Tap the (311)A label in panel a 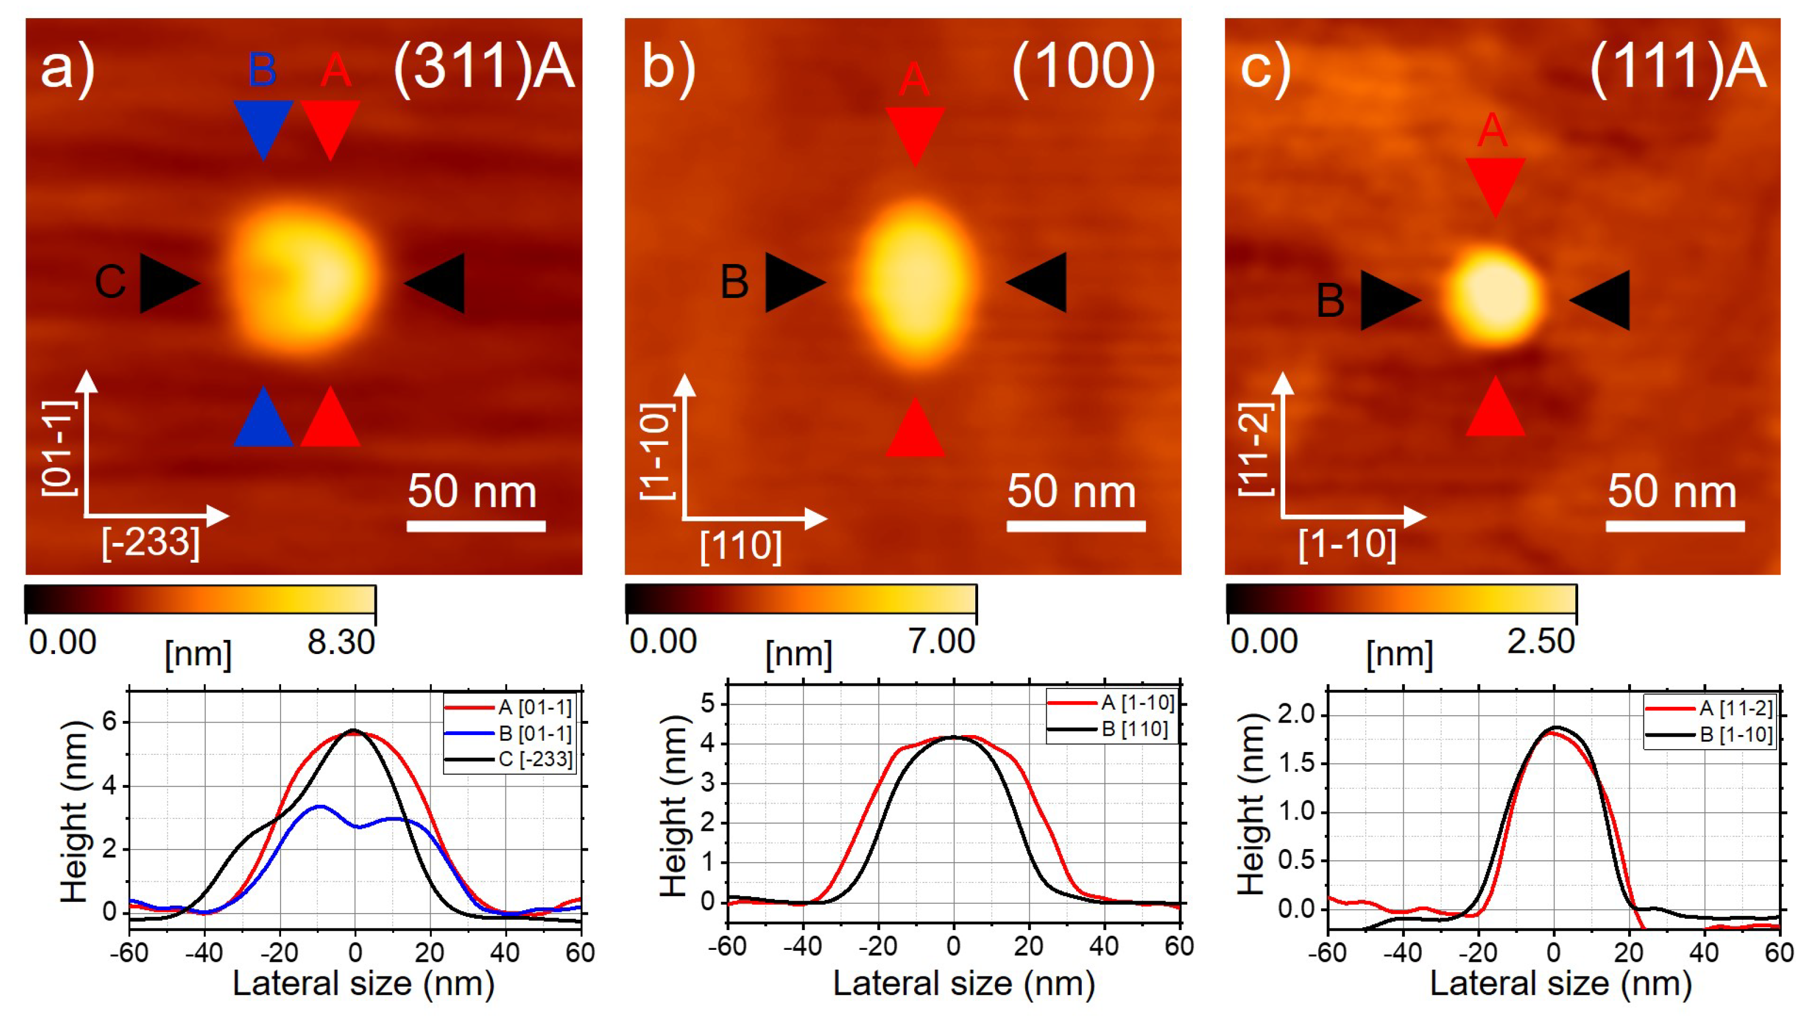pos(484,67)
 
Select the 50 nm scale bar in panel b pos(1076,526)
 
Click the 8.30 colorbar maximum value pos(341,642)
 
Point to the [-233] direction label pos(151,542)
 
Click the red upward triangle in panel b pos(915,430)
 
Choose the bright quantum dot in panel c pos(1493,295)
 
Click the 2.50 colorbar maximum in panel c pos(1541,642)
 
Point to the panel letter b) pos(668,67)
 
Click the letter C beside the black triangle pos(111,282)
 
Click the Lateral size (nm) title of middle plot pos(963,984)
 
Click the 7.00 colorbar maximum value pos(941,642)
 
